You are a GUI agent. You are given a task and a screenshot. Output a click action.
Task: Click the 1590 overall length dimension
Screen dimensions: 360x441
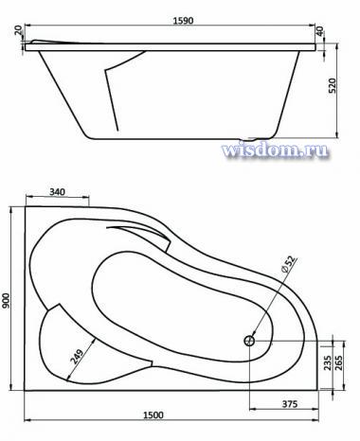pos(183,21)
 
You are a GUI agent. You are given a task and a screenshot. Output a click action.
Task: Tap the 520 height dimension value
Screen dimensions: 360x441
pos(333,85)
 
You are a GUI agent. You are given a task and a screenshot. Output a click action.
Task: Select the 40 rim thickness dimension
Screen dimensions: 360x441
pos(320,31)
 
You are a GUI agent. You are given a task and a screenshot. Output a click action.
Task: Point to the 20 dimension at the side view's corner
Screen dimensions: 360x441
pos(18,30)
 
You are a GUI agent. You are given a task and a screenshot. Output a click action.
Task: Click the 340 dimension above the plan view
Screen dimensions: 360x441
pos(57,191)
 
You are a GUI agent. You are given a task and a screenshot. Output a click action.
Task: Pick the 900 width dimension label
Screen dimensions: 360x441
pos(7,301)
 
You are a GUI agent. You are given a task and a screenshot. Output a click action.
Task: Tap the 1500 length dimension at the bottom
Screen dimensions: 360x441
pos(153,415)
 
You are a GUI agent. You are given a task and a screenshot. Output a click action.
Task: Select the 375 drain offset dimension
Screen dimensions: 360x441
pos(289,404)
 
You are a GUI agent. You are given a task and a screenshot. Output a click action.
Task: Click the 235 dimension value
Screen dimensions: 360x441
pos(328,362)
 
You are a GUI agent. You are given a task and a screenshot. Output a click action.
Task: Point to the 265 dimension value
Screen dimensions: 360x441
pos(338,362)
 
